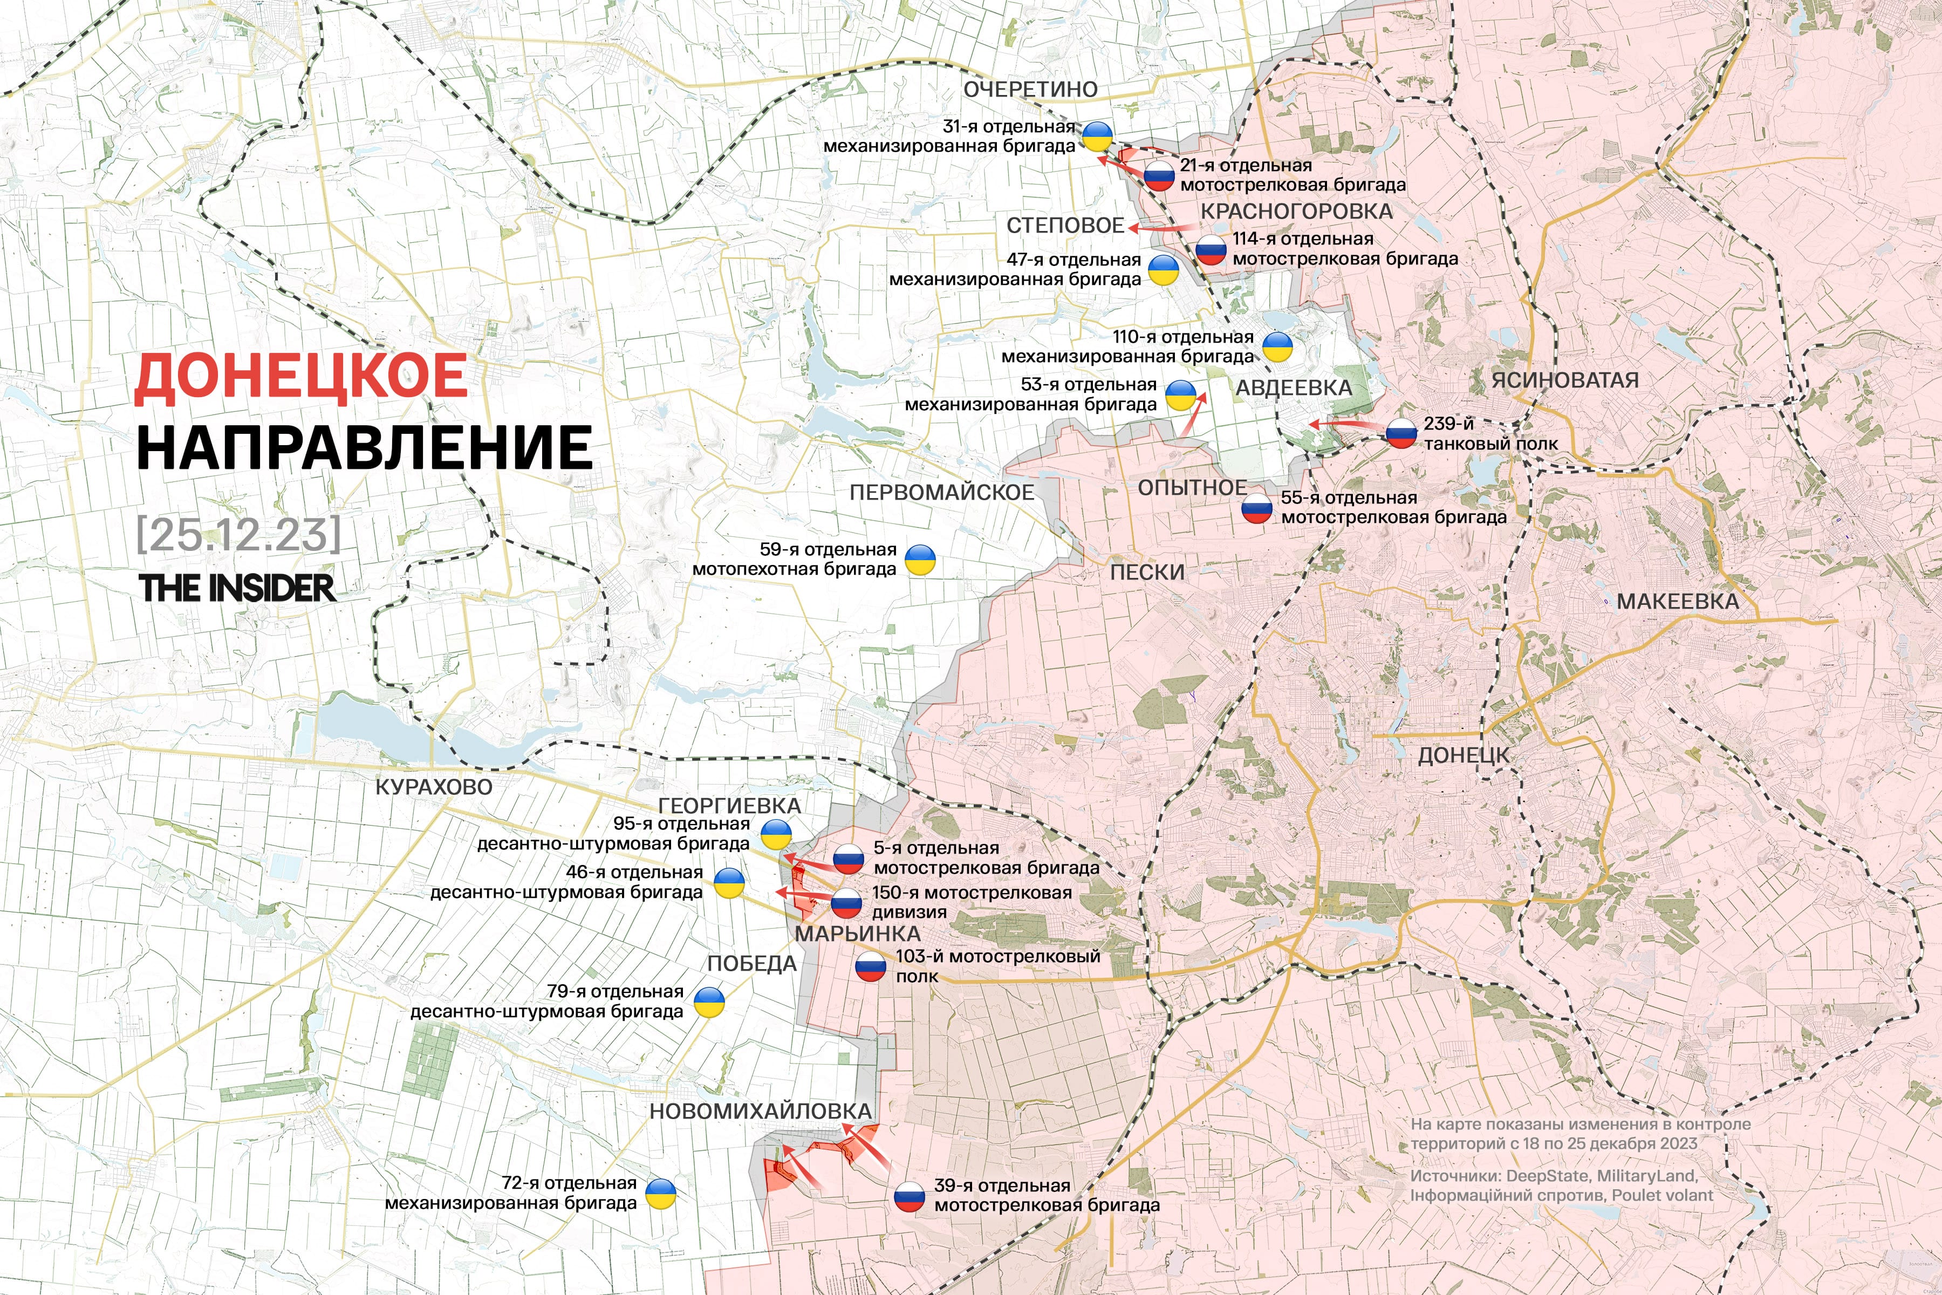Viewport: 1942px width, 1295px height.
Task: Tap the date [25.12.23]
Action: click(238, 535)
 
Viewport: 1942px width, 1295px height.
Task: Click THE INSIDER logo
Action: click(237, 588)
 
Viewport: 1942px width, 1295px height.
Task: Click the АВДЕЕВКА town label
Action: click(1293, 388)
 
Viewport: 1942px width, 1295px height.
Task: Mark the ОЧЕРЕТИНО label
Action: click(1030, 89)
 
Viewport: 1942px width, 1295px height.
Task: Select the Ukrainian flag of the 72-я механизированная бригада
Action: click(660, 1194)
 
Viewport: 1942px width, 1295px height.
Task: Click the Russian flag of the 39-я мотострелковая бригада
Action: click(909, 1196)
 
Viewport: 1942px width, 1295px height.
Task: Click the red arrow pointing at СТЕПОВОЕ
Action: click(1160, 226)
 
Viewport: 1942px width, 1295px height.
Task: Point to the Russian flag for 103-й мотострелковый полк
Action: click(870, 966)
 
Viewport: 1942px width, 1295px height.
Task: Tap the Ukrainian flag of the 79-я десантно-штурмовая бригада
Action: click(708, 1002)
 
